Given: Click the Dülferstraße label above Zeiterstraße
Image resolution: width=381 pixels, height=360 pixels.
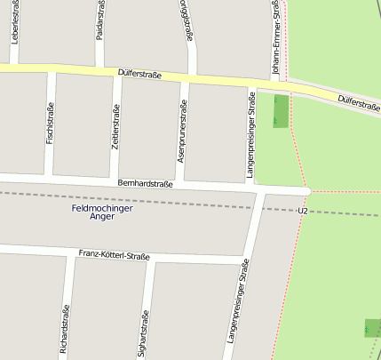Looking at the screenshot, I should [x=139, y=75].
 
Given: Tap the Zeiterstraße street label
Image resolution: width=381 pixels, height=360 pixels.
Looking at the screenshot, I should [x=115, y=128].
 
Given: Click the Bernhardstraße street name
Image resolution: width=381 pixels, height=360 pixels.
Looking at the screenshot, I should [x=145, y=182].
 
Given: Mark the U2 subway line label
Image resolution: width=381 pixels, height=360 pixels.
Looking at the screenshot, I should [x=303, y=211].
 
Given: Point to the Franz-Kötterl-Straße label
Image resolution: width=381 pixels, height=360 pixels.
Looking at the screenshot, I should [x=115, y=255].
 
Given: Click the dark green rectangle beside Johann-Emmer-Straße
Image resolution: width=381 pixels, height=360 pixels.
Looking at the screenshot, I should [x=281, y=110].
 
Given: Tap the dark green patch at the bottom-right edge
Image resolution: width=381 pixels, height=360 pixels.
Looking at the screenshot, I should [x=372, y=327].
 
